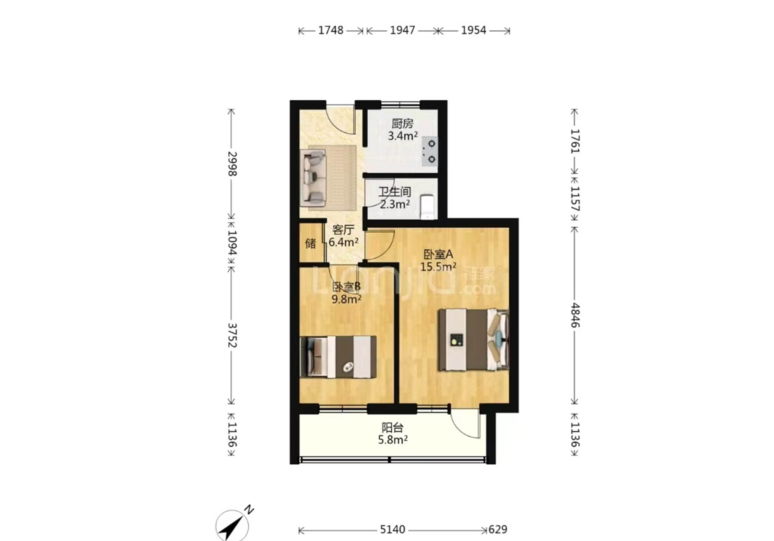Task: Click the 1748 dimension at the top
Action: [x=331, y=30]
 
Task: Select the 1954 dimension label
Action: [x=474, y=30]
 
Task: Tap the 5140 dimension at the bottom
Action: [x=392, y=530]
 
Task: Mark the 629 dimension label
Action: [x=498, y=530]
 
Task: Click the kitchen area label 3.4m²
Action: [x=403, y=136]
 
